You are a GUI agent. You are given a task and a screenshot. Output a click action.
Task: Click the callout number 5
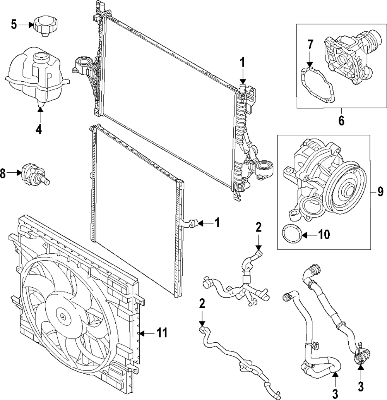point(14,25)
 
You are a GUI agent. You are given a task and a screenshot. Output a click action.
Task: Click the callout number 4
point(38,130)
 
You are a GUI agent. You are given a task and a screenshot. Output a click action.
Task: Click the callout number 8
point(3,174)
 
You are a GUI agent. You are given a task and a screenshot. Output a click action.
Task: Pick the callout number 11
point(162,333)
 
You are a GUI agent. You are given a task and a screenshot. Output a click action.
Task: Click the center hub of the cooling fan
point(62,316)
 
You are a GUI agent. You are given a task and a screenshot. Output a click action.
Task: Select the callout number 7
point(310,45)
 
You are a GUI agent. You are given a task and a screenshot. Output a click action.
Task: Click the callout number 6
point(341,120)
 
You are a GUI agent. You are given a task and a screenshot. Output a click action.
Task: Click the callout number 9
point(380,192)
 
